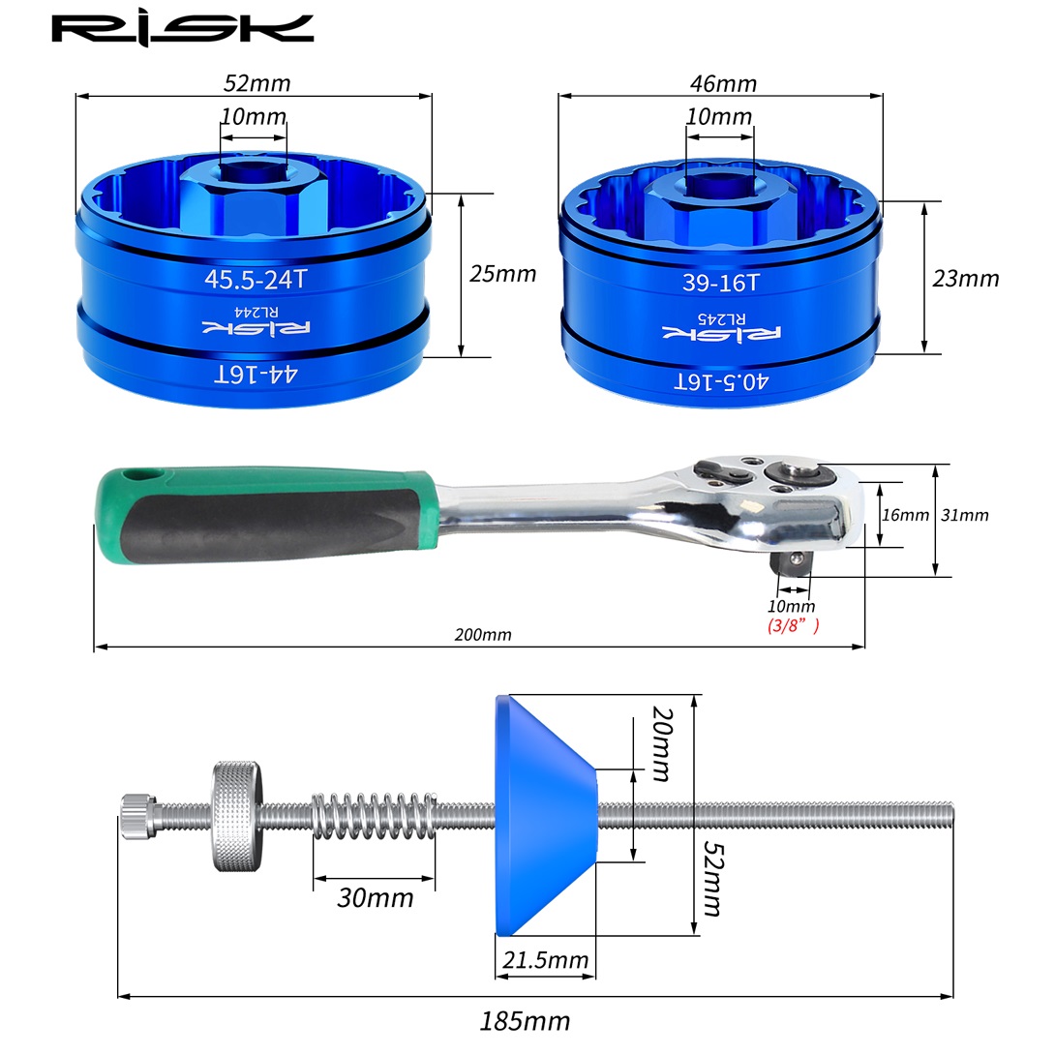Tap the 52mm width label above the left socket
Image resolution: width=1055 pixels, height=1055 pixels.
[257, 83]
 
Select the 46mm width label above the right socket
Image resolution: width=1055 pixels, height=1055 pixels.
[723, 83]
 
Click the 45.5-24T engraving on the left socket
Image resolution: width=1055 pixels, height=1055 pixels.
[256, 279]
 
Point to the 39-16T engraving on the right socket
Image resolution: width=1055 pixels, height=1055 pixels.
[721, 283]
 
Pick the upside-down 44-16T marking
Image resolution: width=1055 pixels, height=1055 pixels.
[256, 375]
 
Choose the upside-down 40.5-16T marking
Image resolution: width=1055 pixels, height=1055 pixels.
[721, 382]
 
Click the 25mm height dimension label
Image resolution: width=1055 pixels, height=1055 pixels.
[502, 274]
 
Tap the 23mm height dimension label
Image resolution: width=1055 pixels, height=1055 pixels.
[966, 279]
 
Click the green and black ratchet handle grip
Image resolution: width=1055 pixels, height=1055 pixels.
[266, 515]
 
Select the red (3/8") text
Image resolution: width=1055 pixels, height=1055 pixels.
[794, 625]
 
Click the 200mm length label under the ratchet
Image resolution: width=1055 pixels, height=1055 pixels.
[482, 635]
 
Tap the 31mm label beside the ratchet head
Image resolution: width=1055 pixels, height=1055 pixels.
[965, 515]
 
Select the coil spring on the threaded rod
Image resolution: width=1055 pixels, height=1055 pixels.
[375, 816]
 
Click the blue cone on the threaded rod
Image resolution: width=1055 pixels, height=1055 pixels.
[546, 816]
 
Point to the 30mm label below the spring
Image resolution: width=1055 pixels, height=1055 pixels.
[375, 898]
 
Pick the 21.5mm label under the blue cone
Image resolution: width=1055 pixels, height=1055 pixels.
[545, 960]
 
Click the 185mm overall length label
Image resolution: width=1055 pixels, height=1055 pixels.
[525, 1021]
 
